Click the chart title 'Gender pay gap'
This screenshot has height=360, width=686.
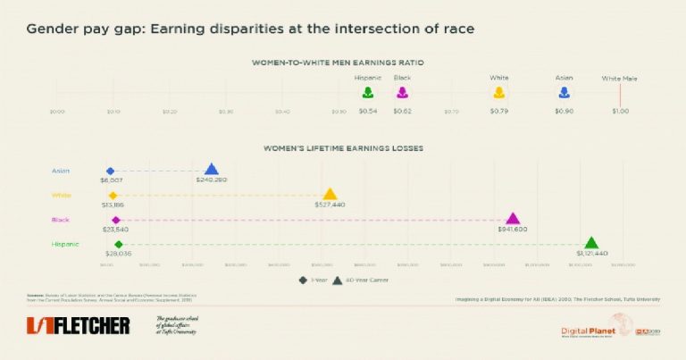tap(250, 29)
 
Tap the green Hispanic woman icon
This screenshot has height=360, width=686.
tap(367, 92)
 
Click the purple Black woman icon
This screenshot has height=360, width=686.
tap(403, 92)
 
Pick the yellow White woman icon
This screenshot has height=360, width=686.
tap(498, 92)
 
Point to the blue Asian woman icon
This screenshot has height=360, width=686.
tap(564, 92)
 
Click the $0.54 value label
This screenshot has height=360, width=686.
tap(367, 111)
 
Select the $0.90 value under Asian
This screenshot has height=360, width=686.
tap(564, 111)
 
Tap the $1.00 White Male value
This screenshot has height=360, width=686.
tap(620, 111)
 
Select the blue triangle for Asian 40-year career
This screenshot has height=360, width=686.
tap(212, 169)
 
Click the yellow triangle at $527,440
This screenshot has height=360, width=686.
tap(330, 194)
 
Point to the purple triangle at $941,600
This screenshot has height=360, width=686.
tap(513, 219)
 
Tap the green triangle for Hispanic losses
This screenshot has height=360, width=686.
tap(590, 243)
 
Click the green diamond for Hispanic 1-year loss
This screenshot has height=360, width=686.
tap(119, 244)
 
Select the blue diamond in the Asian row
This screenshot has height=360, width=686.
tap(110, 170)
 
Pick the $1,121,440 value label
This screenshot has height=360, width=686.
tap(591, 254)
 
